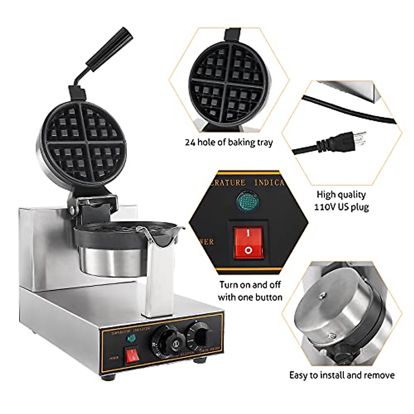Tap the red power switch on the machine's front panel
[132, 355]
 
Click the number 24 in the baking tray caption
[190, 142]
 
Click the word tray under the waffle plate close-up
[264, 142]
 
